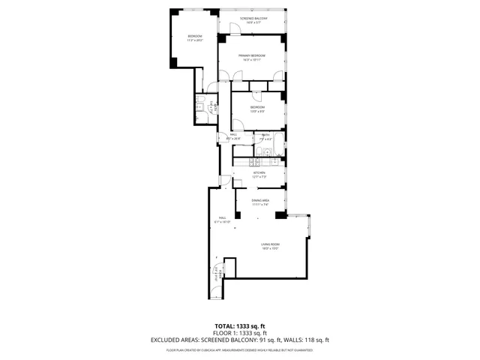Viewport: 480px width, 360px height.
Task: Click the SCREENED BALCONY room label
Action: click(253, 17)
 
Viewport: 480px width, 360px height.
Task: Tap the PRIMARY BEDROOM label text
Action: click(252, 56)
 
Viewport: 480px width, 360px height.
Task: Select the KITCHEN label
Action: click(259, 172)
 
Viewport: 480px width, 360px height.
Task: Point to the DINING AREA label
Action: click(260, 200)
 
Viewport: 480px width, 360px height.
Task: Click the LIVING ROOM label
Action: click(270, 245)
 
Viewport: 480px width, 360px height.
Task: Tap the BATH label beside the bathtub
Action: click(266, 135)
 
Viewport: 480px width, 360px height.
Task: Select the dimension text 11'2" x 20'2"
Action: click(195, 40)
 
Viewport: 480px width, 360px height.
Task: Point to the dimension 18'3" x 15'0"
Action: click(270, 249)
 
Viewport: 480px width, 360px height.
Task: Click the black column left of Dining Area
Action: click(238, 215)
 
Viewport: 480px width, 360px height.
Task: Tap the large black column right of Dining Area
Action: click(280, 215)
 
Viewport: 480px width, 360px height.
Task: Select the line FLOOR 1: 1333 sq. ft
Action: click(239, 334)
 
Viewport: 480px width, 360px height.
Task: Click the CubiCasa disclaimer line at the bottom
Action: click(239, 349)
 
